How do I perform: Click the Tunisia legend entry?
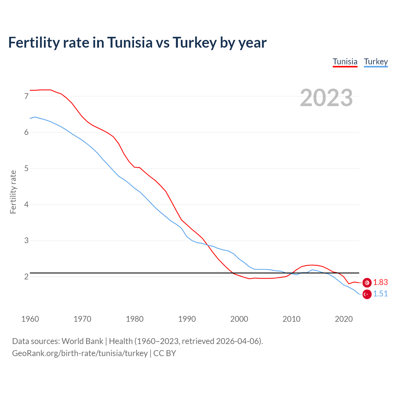[345, 62]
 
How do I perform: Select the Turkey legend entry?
[376, 62]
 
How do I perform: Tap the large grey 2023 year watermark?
[326, 98]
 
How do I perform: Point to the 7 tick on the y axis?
[26, 96]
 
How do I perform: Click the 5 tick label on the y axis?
[26, 169]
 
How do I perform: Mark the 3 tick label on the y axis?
[26, 241]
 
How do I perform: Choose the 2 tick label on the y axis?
[26, 277]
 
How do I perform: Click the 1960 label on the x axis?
[30, 319]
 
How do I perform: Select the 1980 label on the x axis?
[135, 319]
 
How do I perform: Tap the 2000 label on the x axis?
[239, 319]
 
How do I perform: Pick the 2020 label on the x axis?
[344, 319]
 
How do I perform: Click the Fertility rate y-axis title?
[13, 192]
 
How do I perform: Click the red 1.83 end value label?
[380, 282]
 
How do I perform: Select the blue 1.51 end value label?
[380, 294]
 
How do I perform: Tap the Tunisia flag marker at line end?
[367, 282]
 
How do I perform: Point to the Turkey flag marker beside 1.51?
[367, 294]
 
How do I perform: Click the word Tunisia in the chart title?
[130, 43]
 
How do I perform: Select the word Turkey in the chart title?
[194, 43]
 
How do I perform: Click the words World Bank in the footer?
[82, 341]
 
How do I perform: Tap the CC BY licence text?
[165, 353]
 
